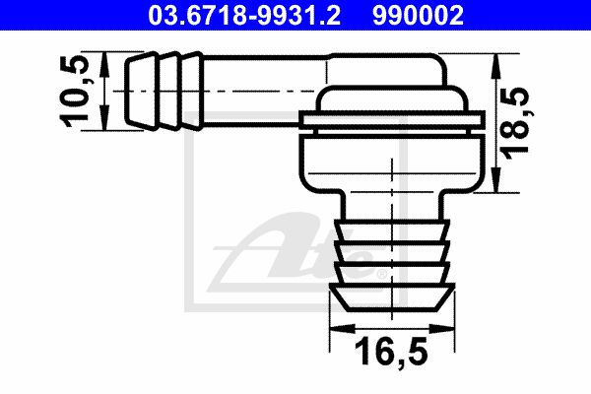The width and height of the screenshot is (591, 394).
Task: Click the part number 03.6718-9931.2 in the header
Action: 244,15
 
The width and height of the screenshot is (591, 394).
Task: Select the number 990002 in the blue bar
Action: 418,15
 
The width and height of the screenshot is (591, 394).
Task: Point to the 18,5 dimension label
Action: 514,123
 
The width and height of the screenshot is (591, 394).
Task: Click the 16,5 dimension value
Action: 391,353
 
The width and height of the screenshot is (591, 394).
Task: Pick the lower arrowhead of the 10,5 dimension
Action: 104,118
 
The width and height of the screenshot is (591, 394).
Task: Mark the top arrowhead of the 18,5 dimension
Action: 496,66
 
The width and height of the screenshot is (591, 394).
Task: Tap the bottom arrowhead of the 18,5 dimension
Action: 496,180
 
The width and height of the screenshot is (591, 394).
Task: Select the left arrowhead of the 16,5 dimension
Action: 342,328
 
